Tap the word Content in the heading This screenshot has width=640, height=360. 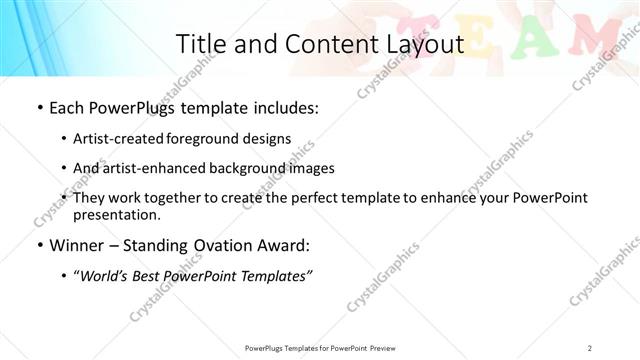(x=321, y=44)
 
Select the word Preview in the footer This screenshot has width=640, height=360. (x=387, y=347)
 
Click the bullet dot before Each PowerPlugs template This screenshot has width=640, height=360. (x=38, y=107)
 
